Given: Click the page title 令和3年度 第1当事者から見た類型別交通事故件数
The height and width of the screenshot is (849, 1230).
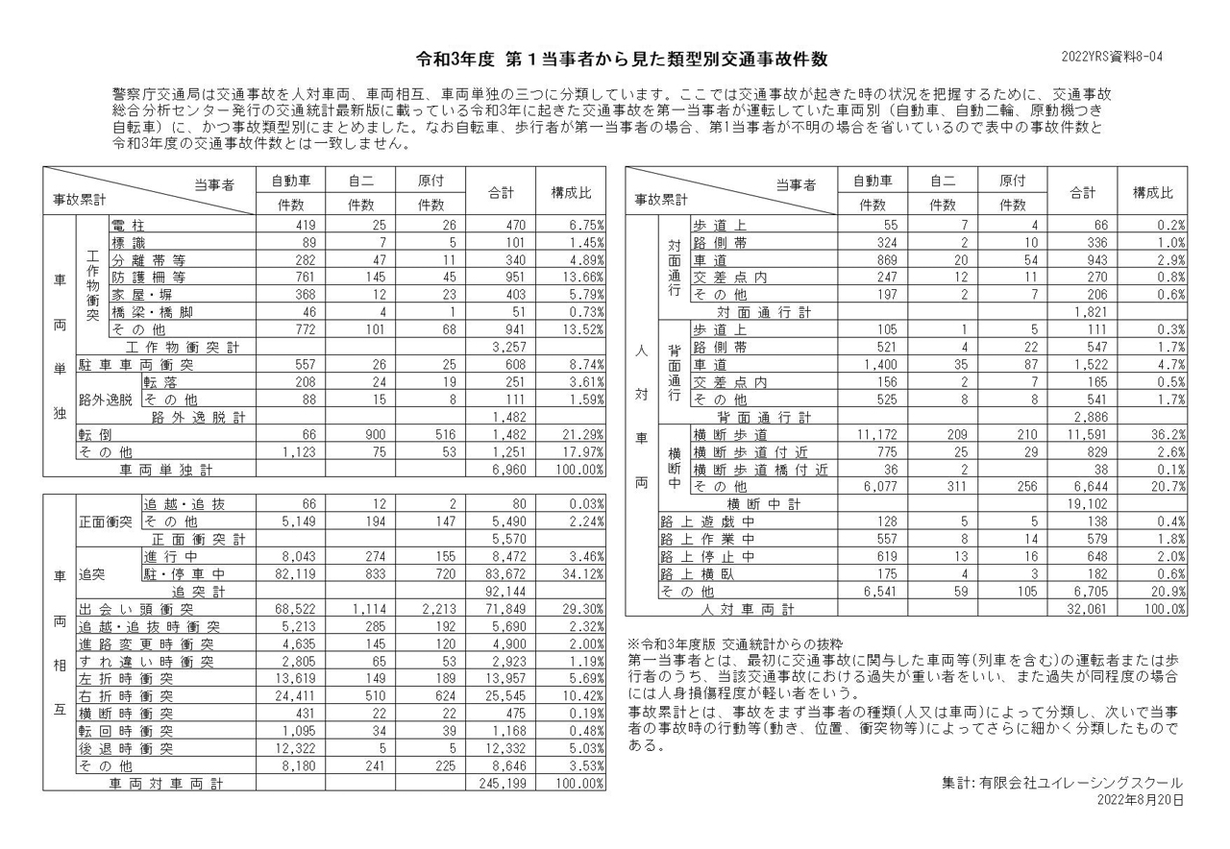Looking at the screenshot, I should point(614,59).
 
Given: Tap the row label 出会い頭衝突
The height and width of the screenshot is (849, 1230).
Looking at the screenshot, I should point(136,609).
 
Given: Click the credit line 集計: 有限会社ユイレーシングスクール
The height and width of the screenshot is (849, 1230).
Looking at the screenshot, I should point(1062,783).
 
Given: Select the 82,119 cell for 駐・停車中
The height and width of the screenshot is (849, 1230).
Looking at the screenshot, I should point(294,574).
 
